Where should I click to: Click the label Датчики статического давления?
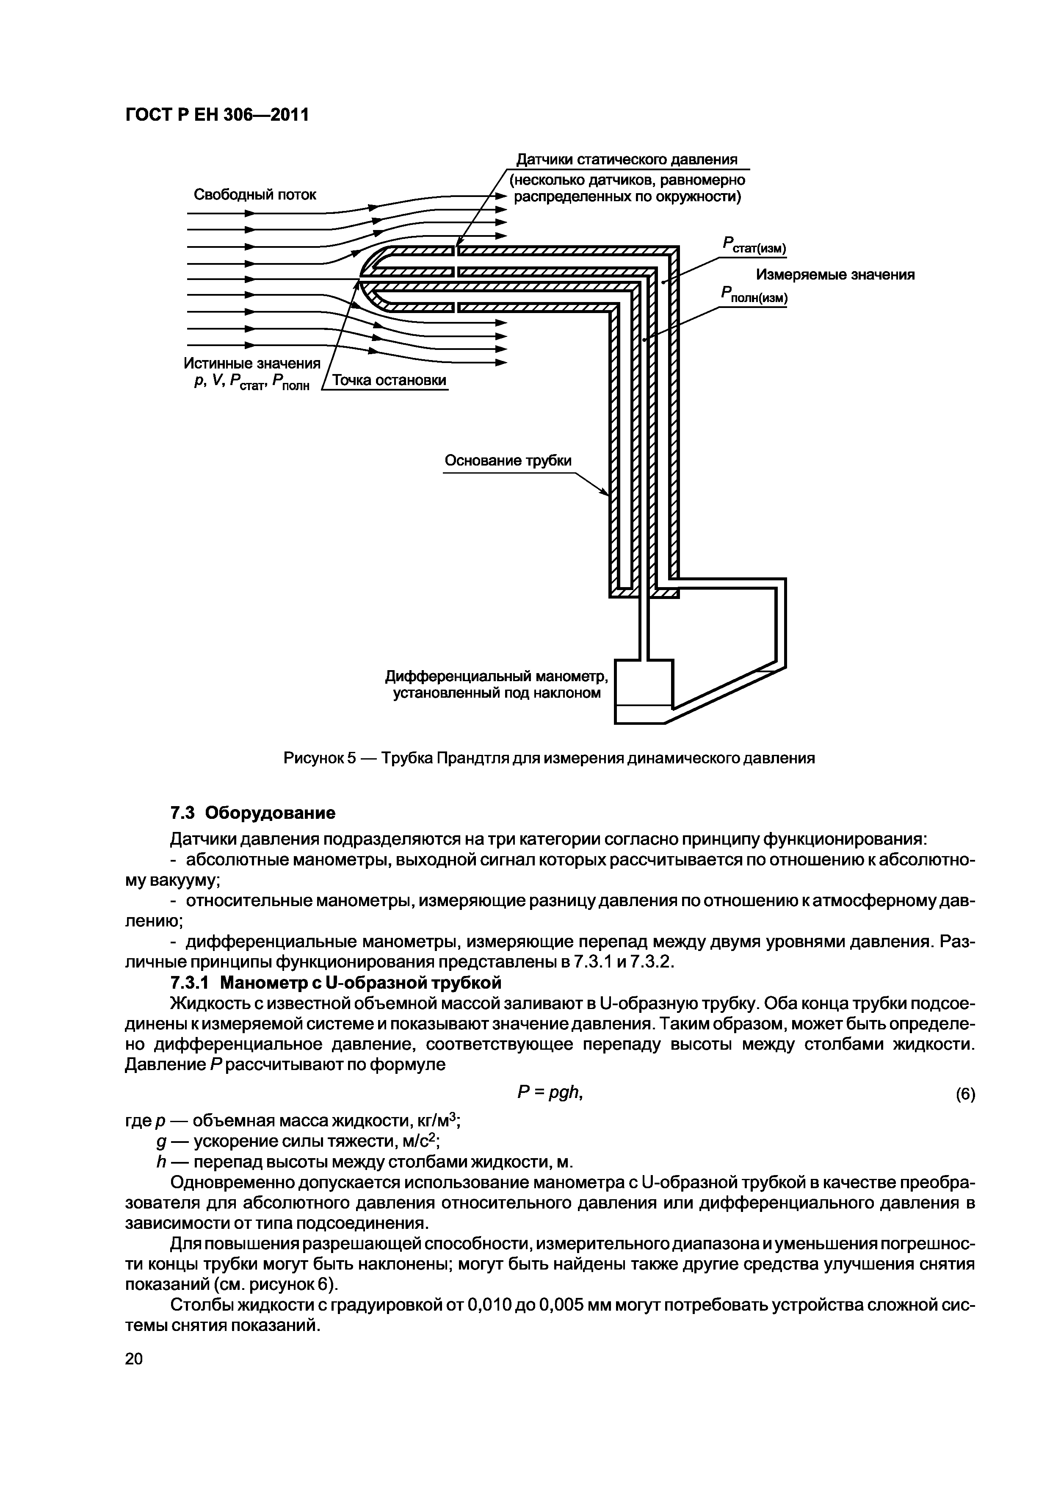626,160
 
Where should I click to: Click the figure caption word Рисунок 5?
320,758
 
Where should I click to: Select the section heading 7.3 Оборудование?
252,812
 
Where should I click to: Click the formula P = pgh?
551,1092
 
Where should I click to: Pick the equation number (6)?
964,1095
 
